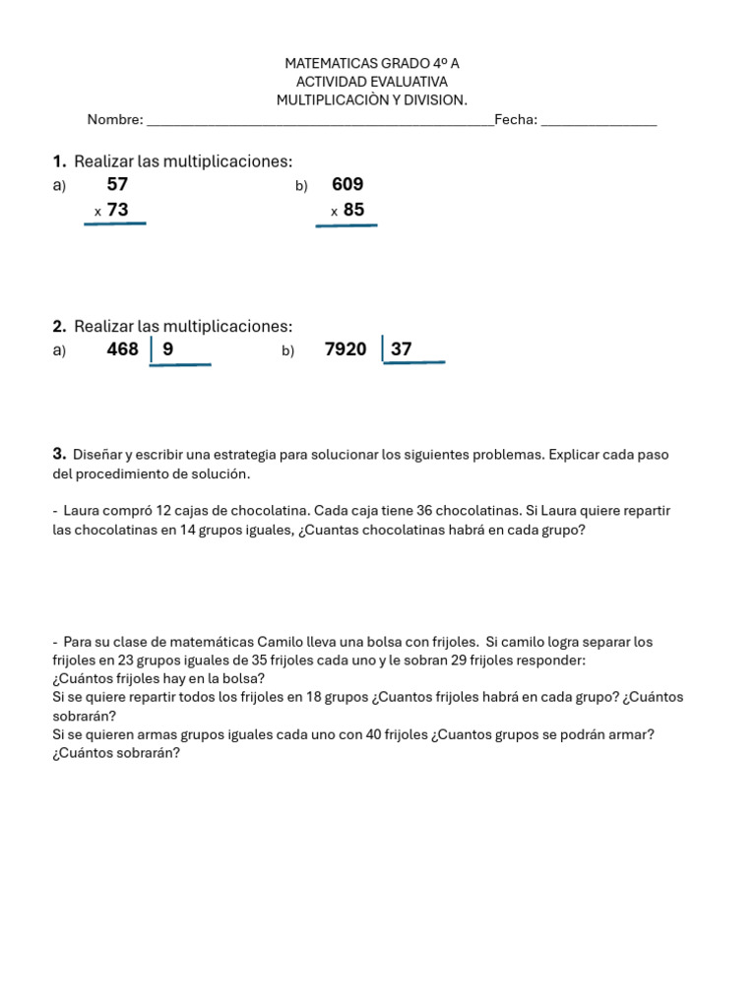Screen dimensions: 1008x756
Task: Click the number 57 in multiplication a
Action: click(x=117, y=184)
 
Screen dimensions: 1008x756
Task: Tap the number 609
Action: click(x=347, y=184)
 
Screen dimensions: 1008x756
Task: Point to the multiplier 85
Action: click(x=353, y=210)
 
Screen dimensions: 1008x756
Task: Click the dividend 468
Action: click(x=123, y=348)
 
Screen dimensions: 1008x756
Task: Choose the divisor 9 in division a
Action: click(x=168, y=348)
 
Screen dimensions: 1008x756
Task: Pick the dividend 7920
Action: click(x=346, y=348)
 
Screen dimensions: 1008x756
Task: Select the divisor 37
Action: click(x=402, y=348)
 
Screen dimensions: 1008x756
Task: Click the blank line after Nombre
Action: click(x=320, y=122)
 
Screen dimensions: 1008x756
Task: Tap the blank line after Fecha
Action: click(x=599, y=122)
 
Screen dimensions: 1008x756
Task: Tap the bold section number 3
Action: click(x=58, y=454)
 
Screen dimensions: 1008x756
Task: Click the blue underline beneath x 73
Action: click(x=115, y=224)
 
